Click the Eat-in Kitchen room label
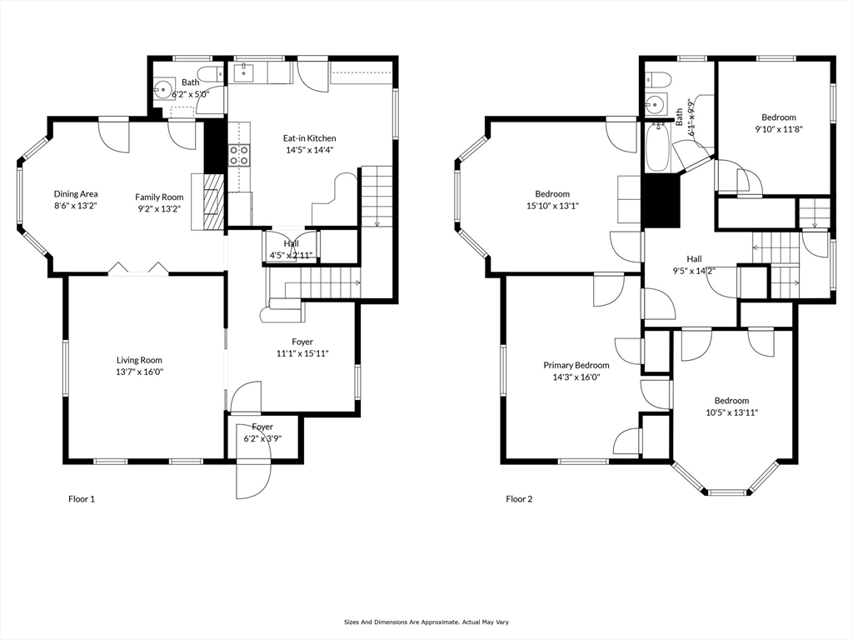click(x=310, y=138)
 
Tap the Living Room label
click(x=139, y=360)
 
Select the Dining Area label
click(x=76, y=193)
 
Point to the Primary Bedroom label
click(x=576, y=365)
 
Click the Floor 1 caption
click(x=82, y=498)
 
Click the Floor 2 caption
click(x=520, y=498)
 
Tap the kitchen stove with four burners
click(x=239, y=154)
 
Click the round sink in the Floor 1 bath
click(x=162, y=88)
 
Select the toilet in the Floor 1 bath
click(x=208, y=73)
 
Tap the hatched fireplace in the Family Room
click(x=214, y=201)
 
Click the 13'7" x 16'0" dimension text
click(x=139, y=372)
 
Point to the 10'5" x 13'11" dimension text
click(x=731, y=412)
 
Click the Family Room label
click(x=159, y=197)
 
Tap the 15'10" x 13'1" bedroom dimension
click(x=552, y=206)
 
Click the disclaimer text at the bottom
click(x=426, y=622)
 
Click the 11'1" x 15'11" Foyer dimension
click(x=302, y=353)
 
